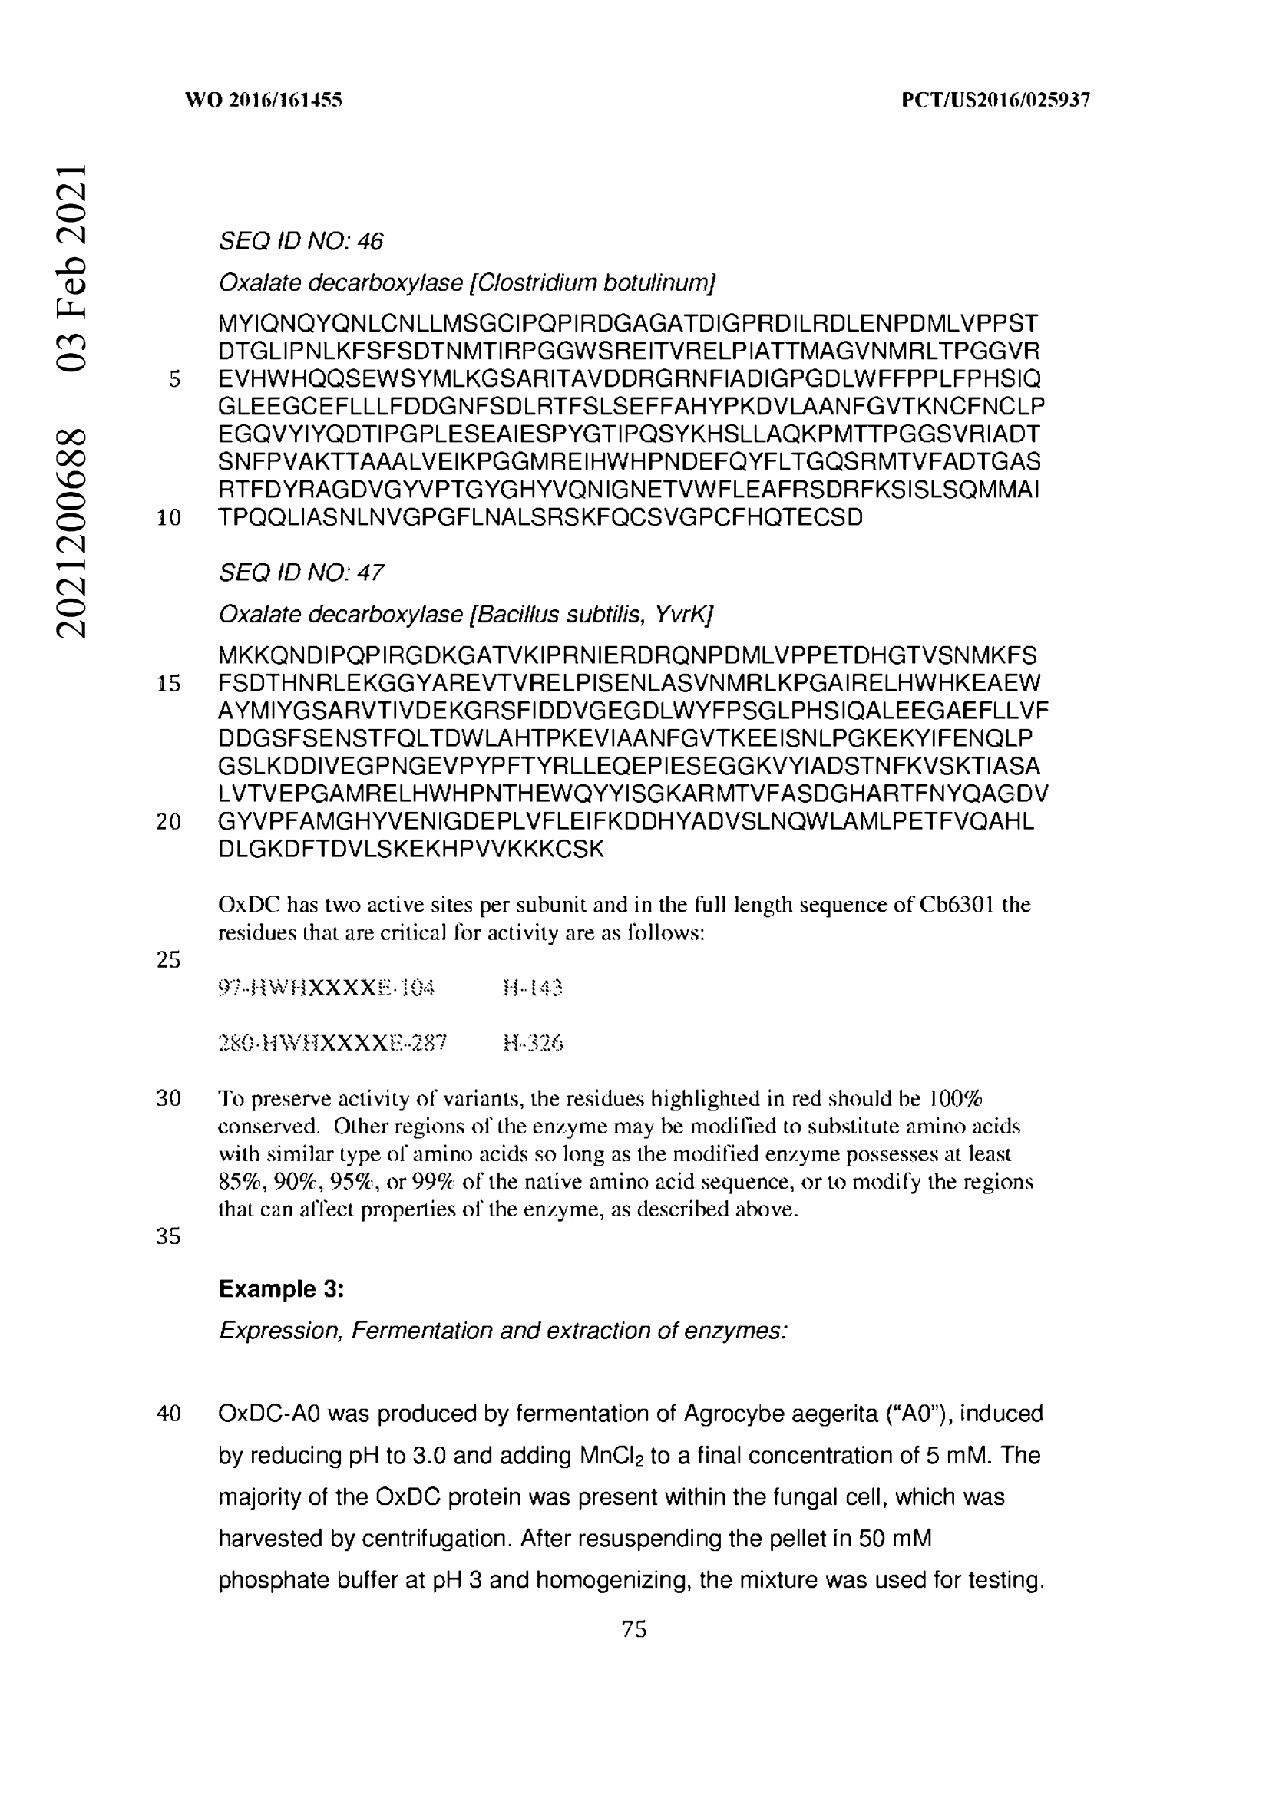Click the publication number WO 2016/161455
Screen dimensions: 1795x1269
(x=263, y=99)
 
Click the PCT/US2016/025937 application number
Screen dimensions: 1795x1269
(x=996, y=99)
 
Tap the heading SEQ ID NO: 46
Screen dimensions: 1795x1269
(x=301, y=241)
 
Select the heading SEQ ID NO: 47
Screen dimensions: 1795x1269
(x=301, y=573)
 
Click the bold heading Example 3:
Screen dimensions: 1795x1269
(x=282, y=1289)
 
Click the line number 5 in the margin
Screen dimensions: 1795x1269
(x=174, y=379)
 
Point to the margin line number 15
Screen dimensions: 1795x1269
(x=168, y=683)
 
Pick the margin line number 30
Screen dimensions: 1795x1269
(x=168, y=1098)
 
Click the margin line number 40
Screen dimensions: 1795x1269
(x=168, y=1414)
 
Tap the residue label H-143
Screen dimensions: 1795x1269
(x=533, y=989)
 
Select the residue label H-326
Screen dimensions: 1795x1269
(x=534, y=1043)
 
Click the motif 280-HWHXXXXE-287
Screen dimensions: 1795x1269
(x=332, y=1043)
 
